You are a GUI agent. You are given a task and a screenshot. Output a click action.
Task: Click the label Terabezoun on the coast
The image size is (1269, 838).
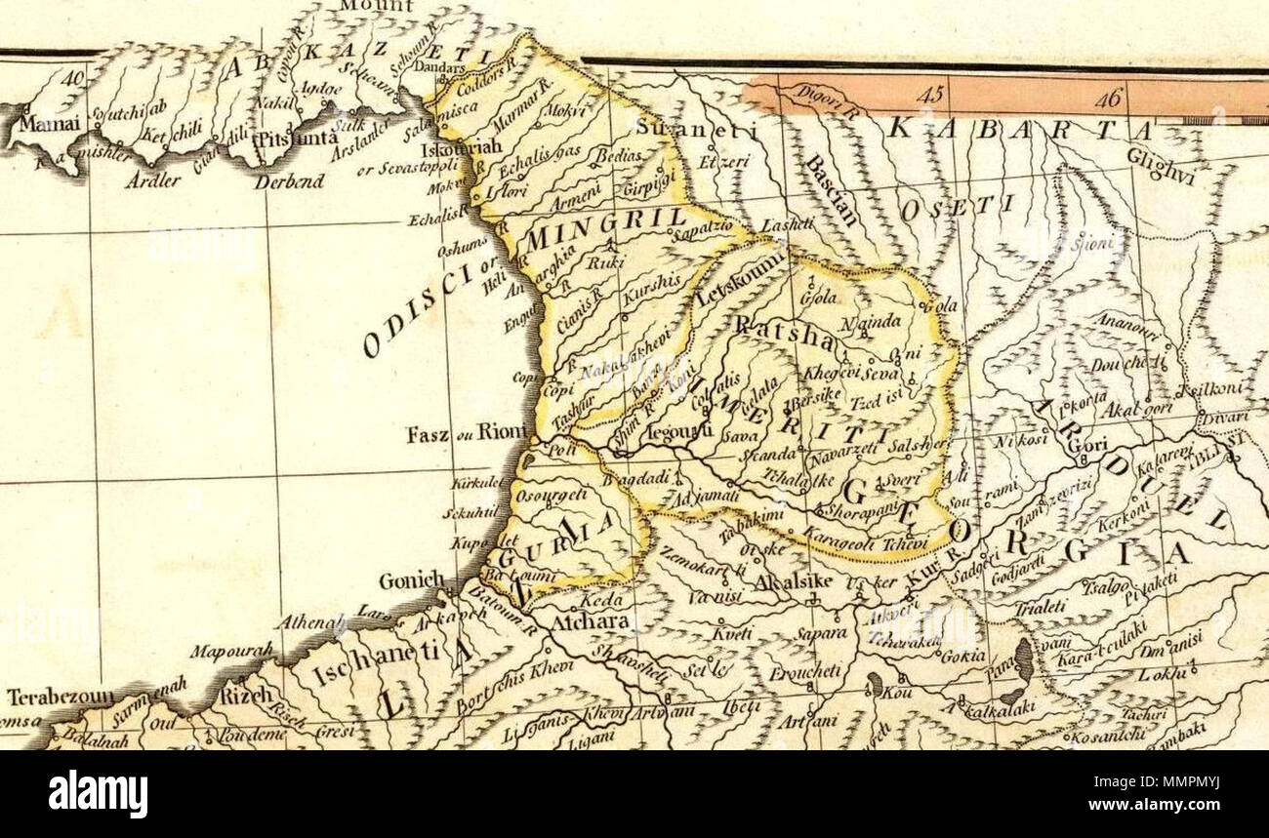(x=60, y=698)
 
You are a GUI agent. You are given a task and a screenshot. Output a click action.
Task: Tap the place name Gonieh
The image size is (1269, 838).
(x=411, y=581)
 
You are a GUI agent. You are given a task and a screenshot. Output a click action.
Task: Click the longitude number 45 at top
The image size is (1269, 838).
(x=933, y=96)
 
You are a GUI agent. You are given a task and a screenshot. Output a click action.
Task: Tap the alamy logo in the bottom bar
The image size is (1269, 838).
(x=98, y=794)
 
